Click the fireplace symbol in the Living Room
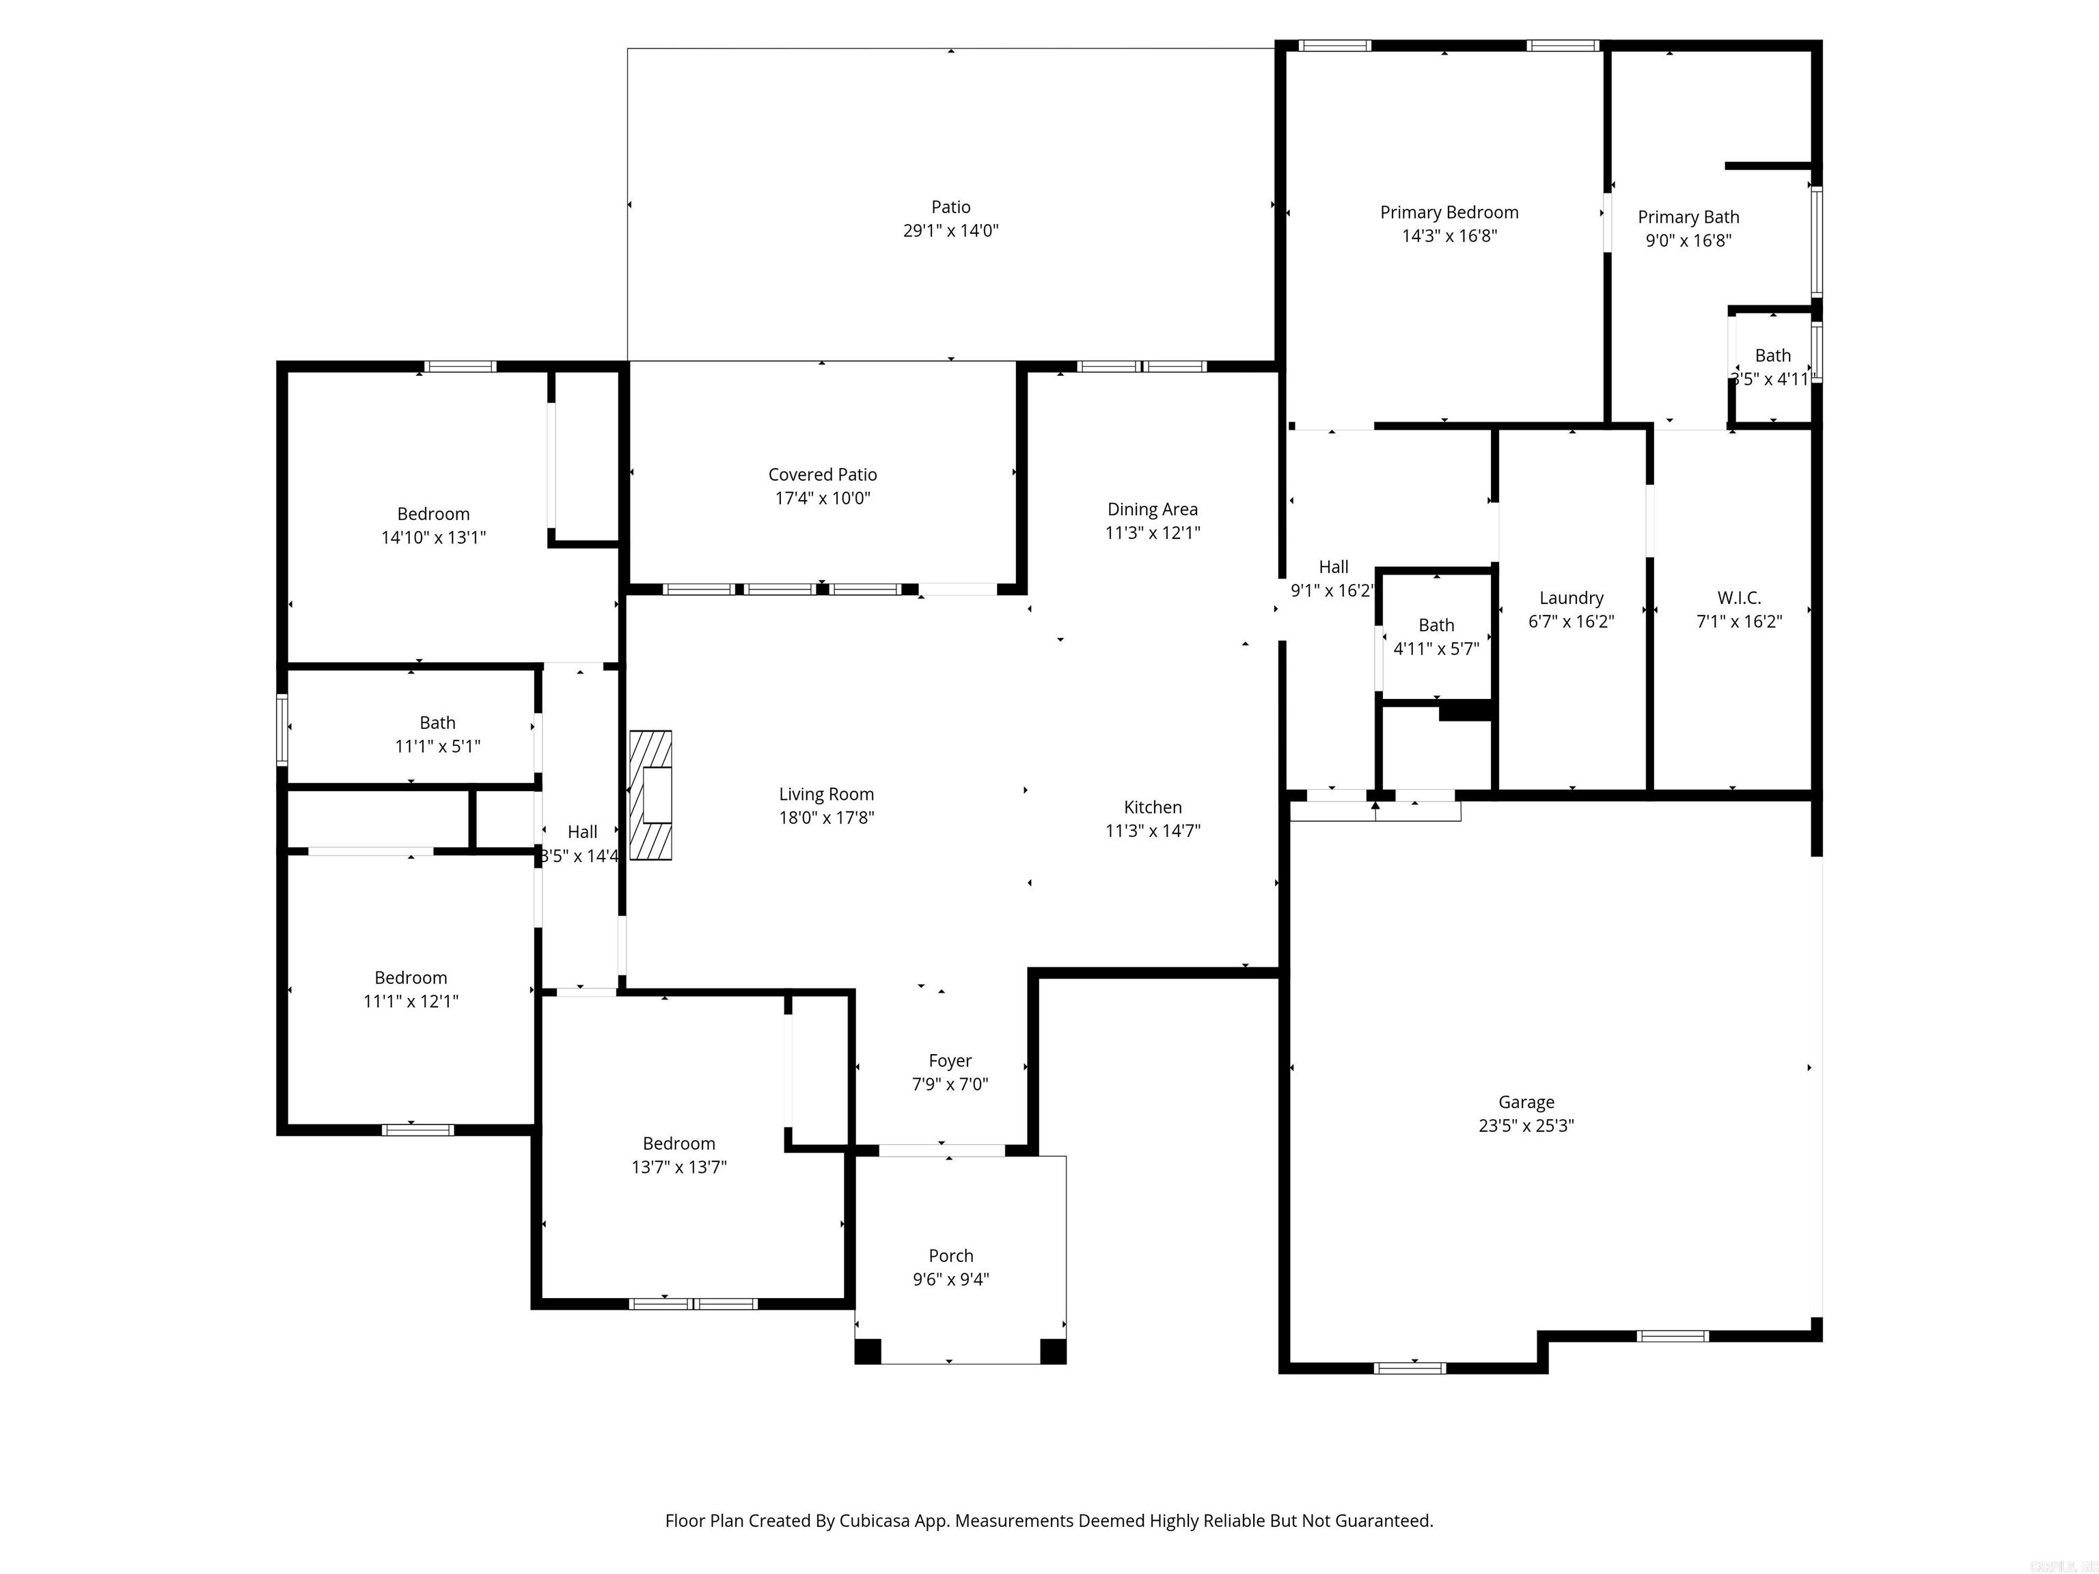point(651,795)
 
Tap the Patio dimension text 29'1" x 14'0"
point(951,230)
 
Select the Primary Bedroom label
point(1449,212)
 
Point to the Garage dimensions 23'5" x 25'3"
point(1526,1125)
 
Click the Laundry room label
point(1572,598)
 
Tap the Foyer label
point(950,1061)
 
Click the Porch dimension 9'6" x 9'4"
point(951,1279)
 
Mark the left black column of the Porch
point(867,1351)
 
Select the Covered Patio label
point(823,474)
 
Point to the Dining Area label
point(1152,510)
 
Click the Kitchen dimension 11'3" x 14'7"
point(1152,830)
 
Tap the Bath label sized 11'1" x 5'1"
point(437,723)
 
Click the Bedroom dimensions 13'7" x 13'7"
point(678,1167)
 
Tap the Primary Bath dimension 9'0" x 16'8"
point(1688,240)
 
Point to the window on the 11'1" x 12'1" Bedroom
point(417,1129)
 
